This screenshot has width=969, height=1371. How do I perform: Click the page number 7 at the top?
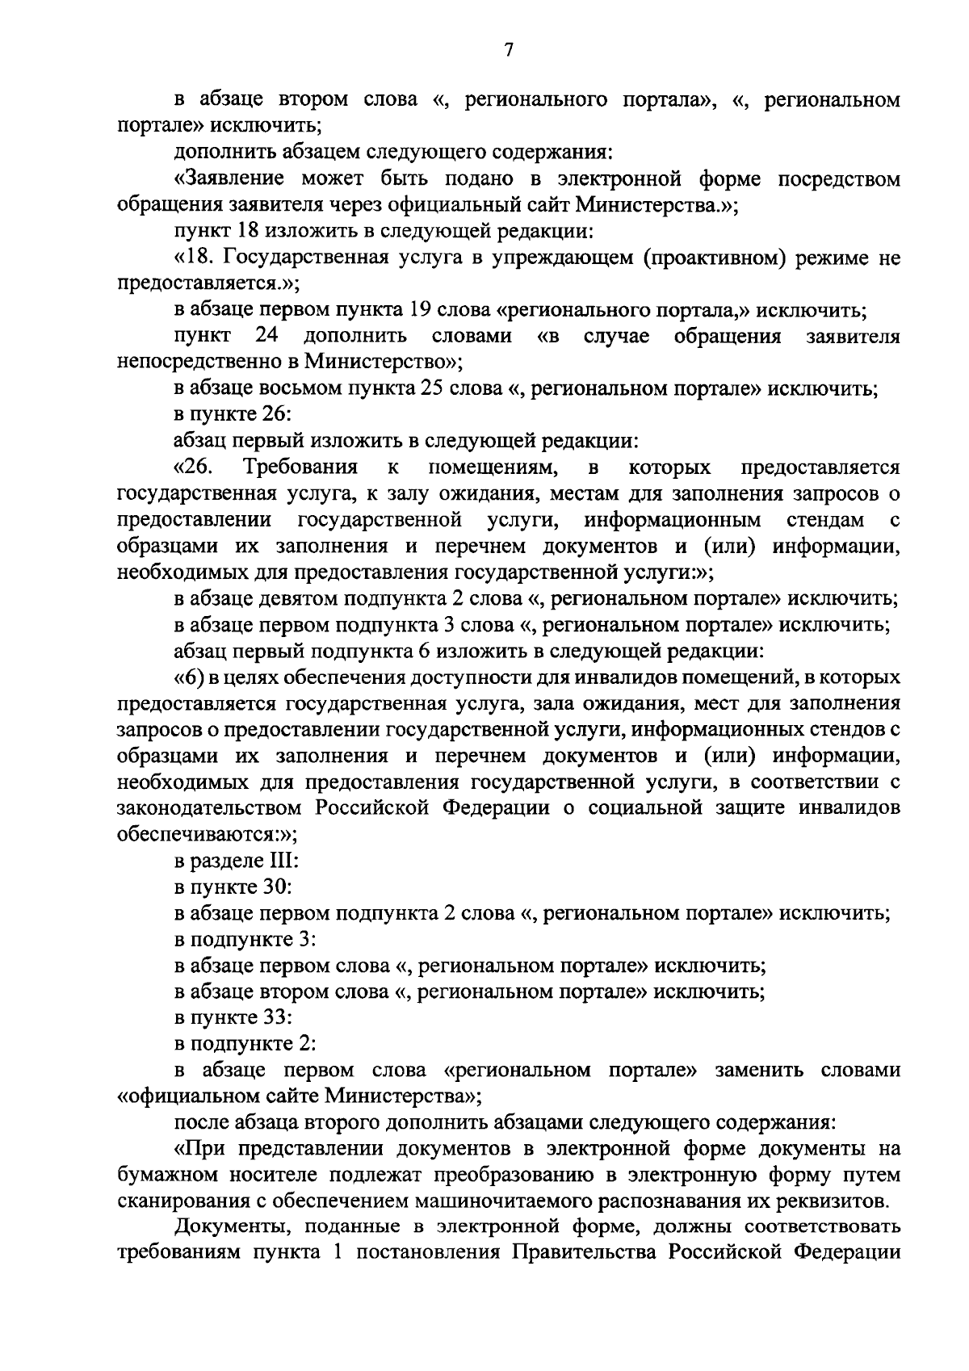(x=508, y=50)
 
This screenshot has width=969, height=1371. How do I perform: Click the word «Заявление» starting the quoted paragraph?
(x=232, y=178)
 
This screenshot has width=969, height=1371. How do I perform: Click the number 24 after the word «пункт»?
(x=267, y=336)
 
